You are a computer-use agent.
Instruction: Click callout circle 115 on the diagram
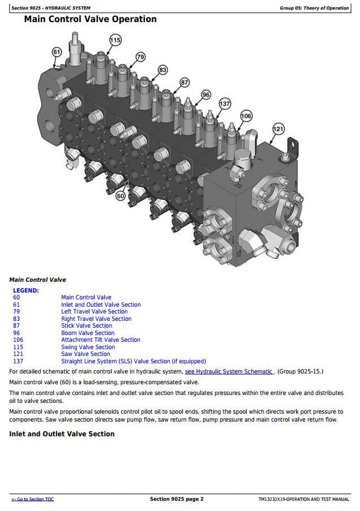click(115, 40)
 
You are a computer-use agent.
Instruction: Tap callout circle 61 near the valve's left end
click(57, 52)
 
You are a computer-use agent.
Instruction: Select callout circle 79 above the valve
click(140, 57)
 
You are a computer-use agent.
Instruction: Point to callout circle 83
click(162, 70)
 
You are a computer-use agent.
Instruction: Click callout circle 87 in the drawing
click(185, 83)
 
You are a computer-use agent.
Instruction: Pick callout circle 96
click(206, 95)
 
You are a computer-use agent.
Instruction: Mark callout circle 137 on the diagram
click(225, 104)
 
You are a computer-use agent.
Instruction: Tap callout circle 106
click(246, 116)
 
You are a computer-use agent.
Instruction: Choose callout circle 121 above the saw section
click(278, 129)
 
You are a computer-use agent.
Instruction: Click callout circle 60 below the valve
click(121, 196)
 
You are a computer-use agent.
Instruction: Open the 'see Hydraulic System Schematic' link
click(229, 372)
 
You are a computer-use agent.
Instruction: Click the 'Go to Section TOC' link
click(33, 499)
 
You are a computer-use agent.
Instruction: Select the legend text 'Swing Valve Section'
click(88, 347)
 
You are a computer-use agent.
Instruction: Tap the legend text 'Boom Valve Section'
click(88, 333)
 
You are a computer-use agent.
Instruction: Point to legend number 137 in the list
click(18, 361)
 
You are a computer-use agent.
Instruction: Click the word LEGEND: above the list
click(26, 290)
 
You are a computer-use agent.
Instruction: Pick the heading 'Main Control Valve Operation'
click(91, 19)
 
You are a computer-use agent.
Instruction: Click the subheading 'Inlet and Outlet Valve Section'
click(62, 434)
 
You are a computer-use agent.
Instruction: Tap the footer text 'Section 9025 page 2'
click(177, 499)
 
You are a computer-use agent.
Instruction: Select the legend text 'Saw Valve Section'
click(85, 354)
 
